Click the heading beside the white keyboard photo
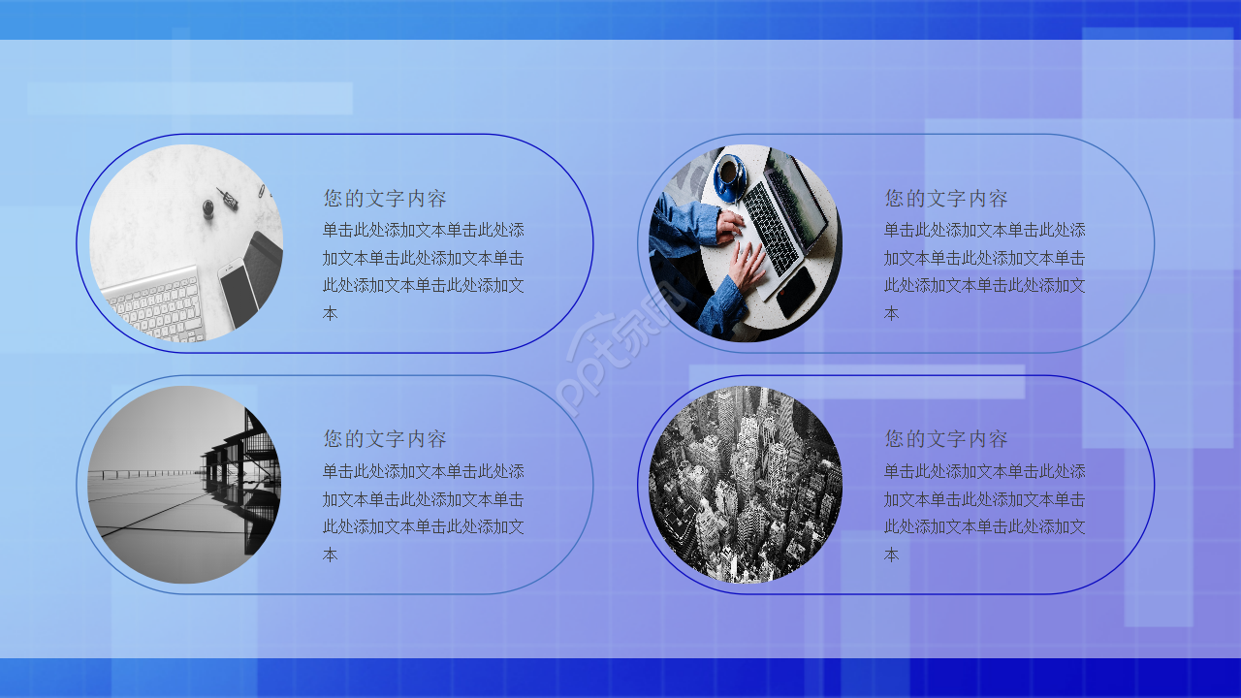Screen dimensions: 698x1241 pyautogui.click(x=385, y=199)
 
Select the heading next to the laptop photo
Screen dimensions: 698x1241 pyautogui.click(x=945, y=199)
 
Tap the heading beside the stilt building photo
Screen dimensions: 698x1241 pyautogui.click(x=385, y=439)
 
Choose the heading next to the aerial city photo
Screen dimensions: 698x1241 pyautogui.click(x=945, y=439)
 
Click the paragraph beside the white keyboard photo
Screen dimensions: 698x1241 pyautogui.click(x=424, y=271)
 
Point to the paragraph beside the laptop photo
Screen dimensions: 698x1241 pyautogui.click(x=984, y=271)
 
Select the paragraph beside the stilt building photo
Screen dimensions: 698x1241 pyautogui.click(x=424, y=513)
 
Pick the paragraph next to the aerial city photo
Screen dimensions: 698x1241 pyautogui.click(x=984, y=513)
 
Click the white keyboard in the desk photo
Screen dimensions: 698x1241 pyautogui.click(x=155, y=305)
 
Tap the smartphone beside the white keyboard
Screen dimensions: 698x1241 pyautogui.click(x=239, y=294)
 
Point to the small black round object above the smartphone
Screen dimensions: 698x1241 pyautogui.click(x=208, y=207)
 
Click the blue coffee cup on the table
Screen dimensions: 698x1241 pyautogui.click(x=728, y=174)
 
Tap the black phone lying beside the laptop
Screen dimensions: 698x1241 pyautogui.click(x=796, y=291)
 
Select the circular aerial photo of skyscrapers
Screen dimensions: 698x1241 pyautogui.click(x=745, y=485)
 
